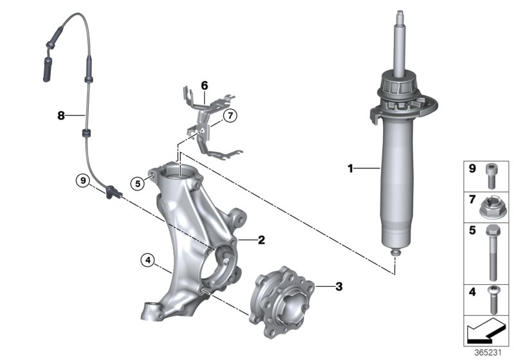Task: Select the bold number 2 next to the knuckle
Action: pyautogui.click(x=261, y=240)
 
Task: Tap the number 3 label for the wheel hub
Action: pyautogui.click(x=339, y=287)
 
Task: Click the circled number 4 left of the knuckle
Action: pyautogui.click(x=148, y=260)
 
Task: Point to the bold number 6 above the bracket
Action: pyautogui.click(x=204, y=85)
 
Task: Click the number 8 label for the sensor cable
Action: pyautogui.click(x=61, y=116)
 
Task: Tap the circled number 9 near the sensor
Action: pyautogui.click(x=82, y=181)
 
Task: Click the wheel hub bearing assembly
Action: pyautogui.click(x=287, y=299)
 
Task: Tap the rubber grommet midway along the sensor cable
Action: pyautogui.click(x=85, y=133)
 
